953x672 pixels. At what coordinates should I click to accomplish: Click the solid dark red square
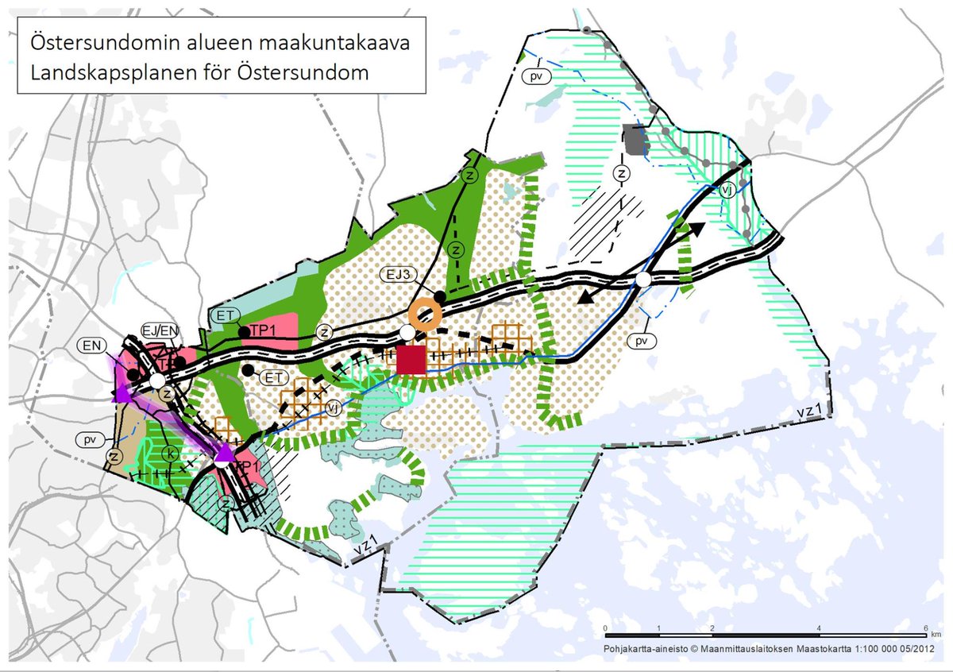point(411,359)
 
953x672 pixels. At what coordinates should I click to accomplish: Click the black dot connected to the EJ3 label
point(439,295)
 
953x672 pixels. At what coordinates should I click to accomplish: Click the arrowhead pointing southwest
point(585,297)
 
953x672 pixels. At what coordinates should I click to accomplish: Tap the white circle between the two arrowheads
point(643,280)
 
